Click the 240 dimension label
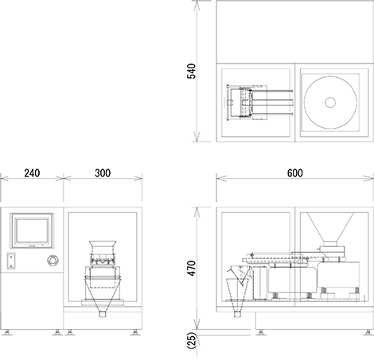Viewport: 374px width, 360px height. pos(32,173)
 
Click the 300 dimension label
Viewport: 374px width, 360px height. pos(103,173)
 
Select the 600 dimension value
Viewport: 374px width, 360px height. pos(295,173)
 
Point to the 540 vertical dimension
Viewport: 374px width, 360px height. pos(191,71)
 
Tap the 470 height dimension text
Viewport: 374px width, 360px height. pos(191,268)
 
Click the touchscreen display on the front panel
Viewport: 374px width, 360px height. pos(32,230)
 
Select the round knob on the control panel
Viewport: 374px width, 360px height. pos(53,261)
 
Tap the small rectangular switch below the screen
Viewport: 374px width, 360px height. pos(11,261)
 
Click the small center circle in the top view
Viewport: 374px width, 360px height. pos(330,103)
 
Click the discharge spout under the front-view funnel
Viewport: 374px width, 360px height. pos(103,314)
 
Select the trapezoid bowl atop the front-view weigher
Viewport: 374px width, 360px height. pos(103,246)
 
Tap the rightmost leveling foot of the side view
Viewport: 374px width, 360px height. pos(368,332)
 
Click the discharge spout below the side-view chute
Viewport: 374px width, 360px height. pos(238,314)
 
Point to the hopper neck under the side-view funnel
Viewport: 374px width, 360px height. pos(330,243)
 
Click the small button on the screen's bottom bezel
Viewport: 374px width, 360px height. pos(32,246)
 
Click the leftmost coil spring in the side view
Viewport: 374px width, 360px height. pos(275,295)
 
